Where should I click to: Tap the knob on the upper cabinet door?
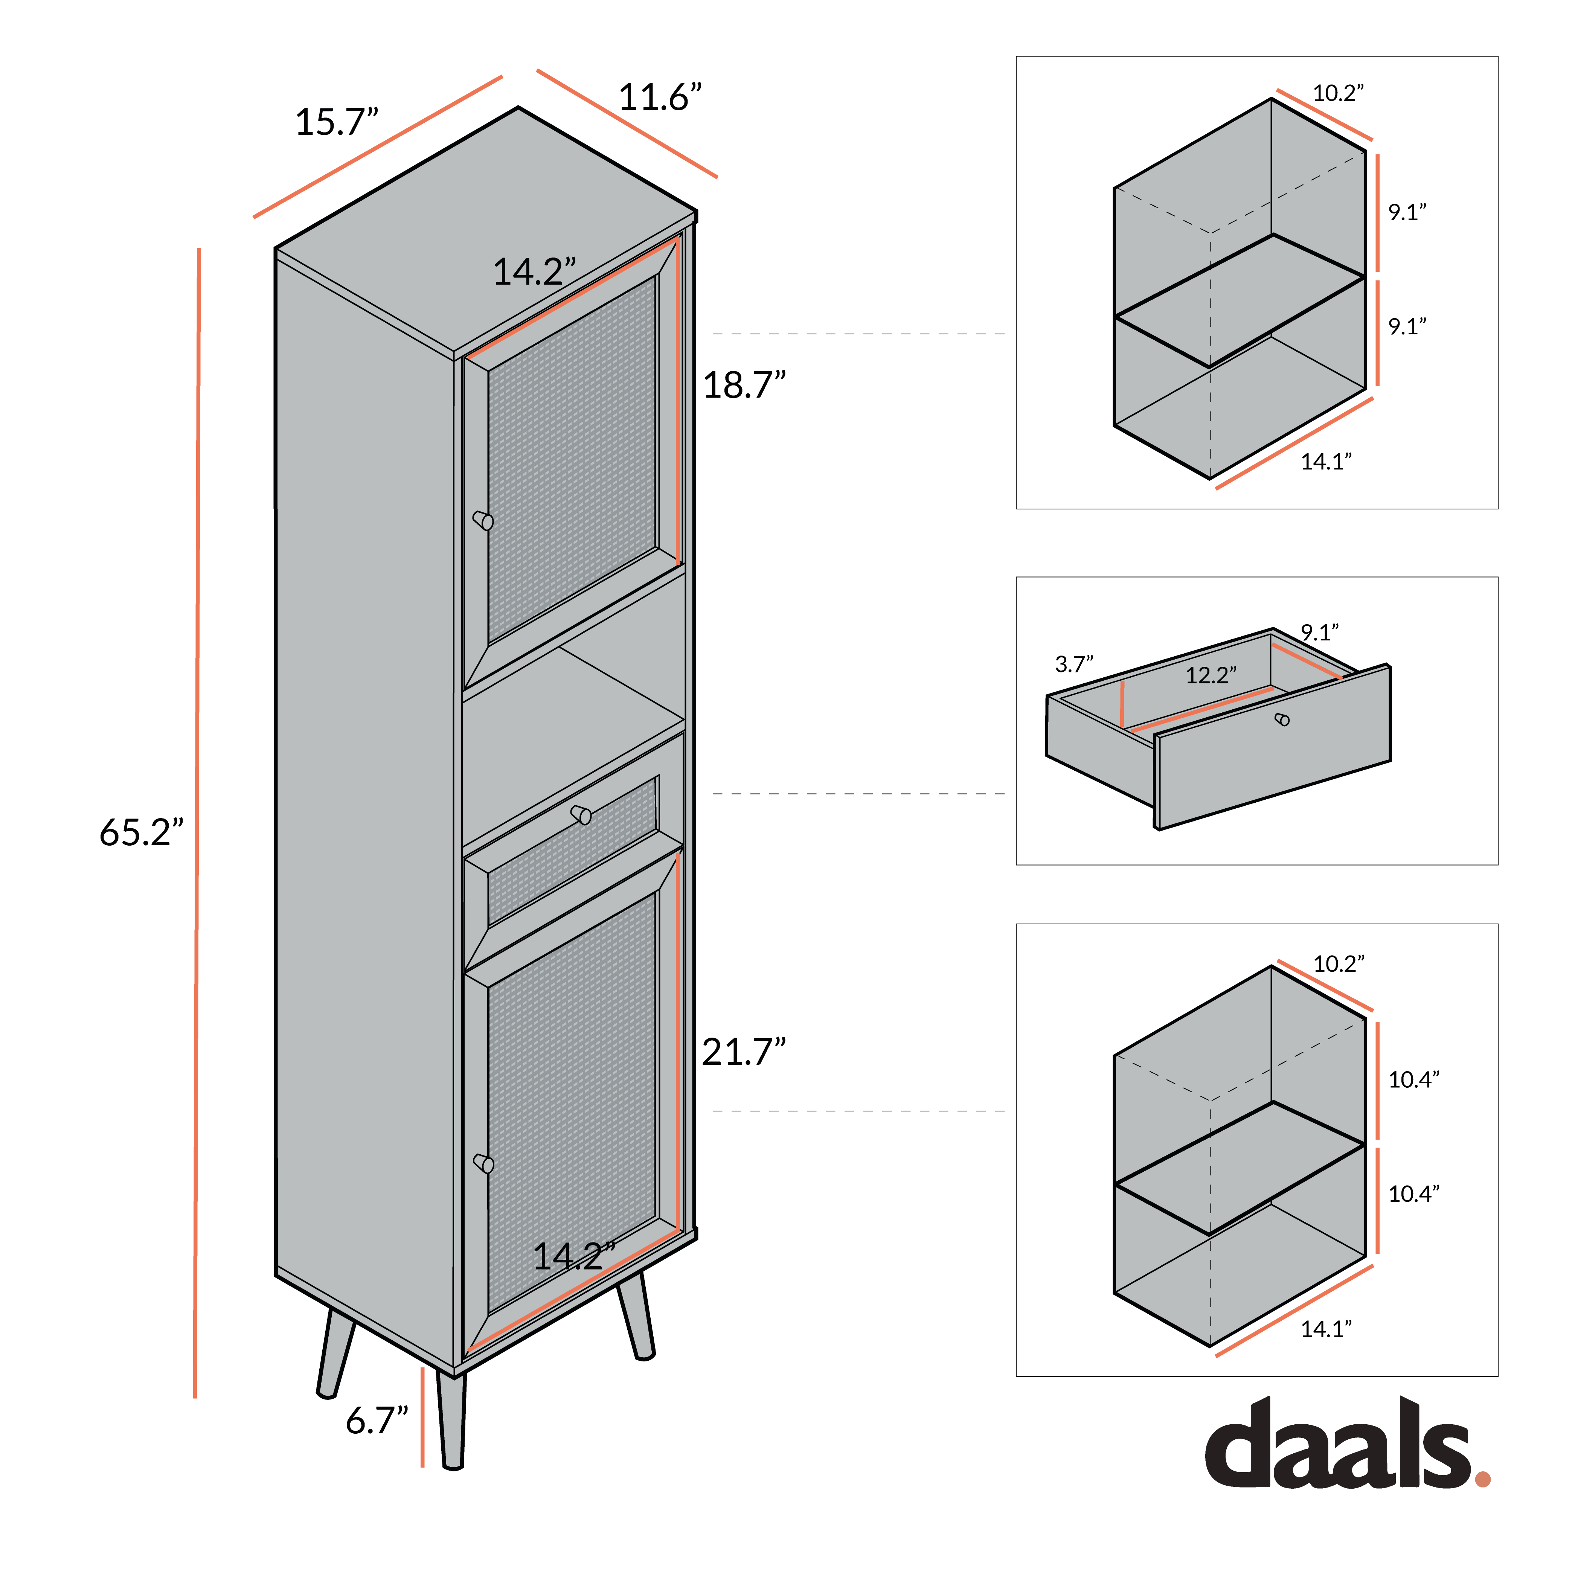[x=483, y=520]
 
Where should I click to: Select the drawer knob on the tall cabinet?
[x=581, y=814]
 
